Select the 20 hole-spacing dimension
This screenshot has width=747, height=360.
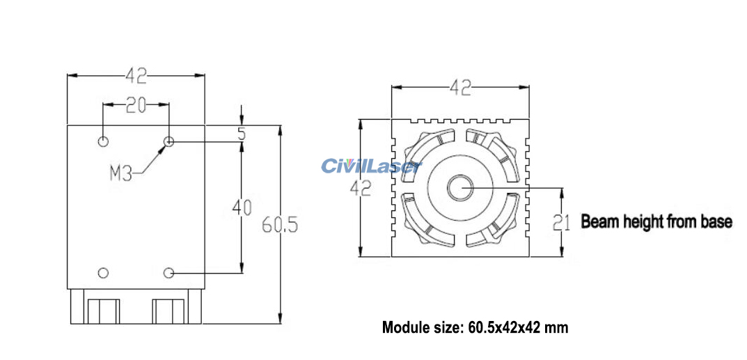coord(136,105)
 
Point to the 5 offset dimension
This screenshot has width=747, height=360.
coord(241,134)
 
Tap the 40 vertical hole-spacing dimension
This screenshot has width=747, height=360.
coord(241,208)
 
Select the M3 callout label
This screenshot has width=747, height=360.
coord(120,173)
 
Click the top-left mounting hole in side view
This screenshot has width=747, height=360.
coord(103,142)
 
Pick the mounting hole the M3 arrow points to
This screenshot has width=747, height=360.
coord(168,142)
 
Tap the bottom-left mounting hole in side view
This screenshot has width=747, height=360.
coord(103,272)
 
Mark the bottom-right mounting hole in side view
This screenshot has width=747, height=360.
coord(168,272)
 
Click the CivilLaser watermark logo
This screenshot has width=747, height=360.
coord(371,166)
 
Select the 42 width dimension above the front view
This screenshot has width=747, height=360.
coord(460,88)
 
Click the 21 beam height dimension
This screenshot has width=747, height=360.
coord(562,223)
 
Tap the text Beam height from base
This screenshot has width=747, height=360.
coord(656,222)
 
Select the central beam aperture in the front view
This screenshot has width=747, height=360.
coord(460,187)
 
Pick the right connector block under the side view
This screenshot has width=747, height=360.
coord(169,310)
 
